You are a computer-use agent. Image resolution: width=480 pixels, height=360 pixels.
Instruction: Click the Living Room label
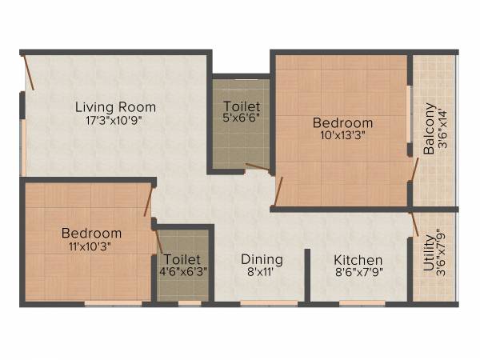coord(115,107)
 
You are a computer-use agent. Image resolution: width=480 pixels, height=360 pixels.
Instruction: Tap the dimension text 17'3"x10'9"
coord(115,122)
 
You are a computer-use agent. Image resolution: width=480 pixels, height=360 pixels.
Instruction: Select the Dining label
coord(262,260)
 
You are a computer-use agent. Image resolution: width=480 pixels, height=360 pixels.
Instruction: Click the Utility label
coord(430,254)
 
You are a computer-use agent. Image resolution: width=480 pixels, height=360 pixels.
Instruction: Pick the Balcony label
coord(430,128)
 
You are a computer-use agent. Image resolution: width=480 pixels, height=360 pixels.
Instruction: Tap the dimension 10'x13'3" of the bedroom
coord(342,137)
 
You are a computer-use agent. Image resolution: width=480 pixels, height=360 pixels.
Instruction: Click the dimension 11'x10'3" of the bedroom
coord(91,247)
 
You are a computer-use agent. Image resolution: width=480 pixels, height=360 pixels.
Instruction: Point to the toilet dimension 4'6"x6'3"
coord(183,274)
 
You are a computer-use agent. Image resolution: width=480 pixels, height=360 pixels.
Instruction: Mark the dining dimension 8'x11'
coord(262,274)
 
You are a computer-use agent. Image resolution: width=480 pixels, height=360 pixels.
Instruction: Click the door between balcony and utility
coord(414,222)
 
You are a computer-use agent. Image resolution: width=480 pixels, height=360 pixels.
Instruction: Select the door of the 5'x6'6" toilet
coord(258,168)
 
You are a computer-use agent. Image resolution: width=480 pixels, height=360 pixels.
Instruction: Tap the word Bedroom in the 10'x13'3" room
coord(342,123)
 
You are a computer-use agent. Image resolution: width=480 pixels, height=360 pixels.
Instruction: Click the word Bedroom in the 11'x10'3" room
coord(91,234)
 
